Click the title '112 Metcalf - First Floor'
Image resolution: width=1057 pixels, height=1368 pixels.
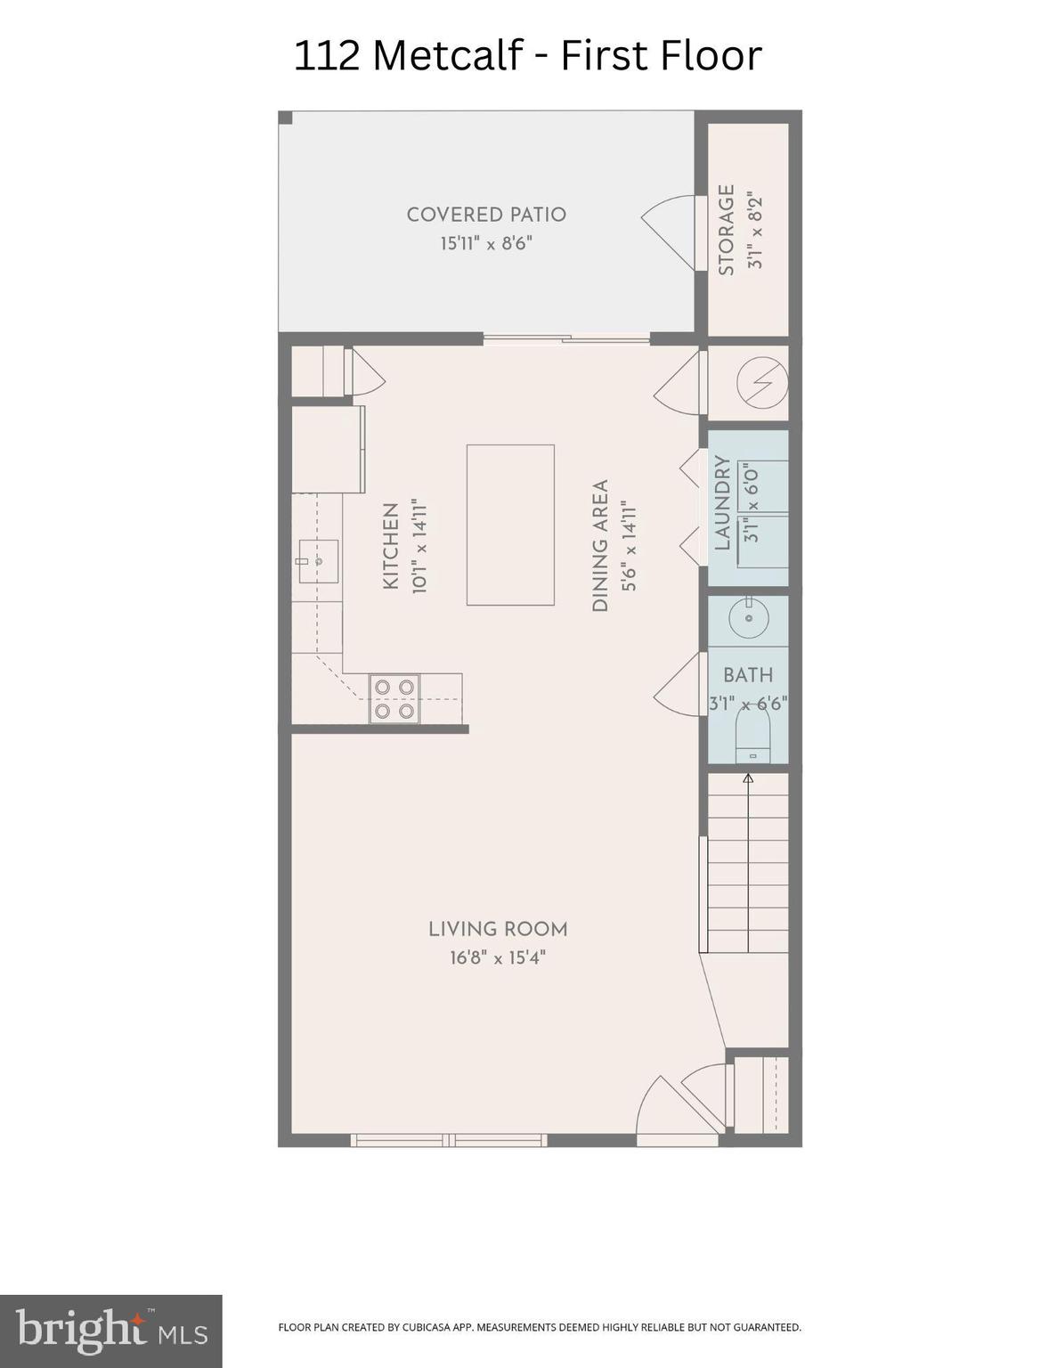527,55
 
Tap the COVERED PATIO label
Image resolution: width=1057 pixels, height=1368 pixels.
486,215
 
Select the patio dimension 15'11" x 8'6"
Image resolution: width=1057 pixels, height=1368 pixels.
486,243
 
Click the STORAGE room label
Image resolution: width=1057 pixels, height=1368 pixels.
727,230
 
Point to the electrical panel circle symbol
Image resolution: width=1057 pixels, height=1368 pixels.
762,384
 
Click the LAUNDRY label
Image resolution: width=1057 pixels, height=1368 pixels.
722,503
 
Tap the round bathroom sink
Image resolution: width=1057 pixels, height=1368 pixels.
748,617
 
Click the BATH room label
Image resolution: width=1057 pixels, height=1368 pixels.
748,675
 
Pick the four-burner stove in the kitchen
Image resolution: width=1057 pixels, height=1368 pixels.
394,699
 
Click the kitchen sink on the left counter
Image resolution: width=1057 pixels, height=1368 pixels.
316,561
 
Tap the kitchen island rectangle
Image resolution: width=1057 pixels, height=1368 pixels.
510,525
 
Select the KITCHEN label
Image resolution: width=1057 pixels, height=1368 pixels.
390,546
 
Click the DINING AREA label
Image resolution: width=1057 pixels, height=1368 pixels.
600,546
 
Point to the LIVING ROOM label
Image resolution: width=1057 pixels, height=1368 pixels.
498,929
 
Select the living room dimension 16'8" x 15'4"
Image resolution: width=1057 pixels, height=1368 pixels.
498,958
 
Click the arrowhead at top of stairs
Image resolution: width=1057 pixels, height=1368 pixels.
748,778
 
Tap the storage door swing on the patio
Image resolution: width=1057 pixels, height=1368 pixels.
670,232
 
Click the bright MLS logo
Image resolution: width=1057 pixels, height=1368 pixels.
110,1331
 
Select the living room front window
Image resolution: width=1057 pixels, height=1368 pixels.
448,1140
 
